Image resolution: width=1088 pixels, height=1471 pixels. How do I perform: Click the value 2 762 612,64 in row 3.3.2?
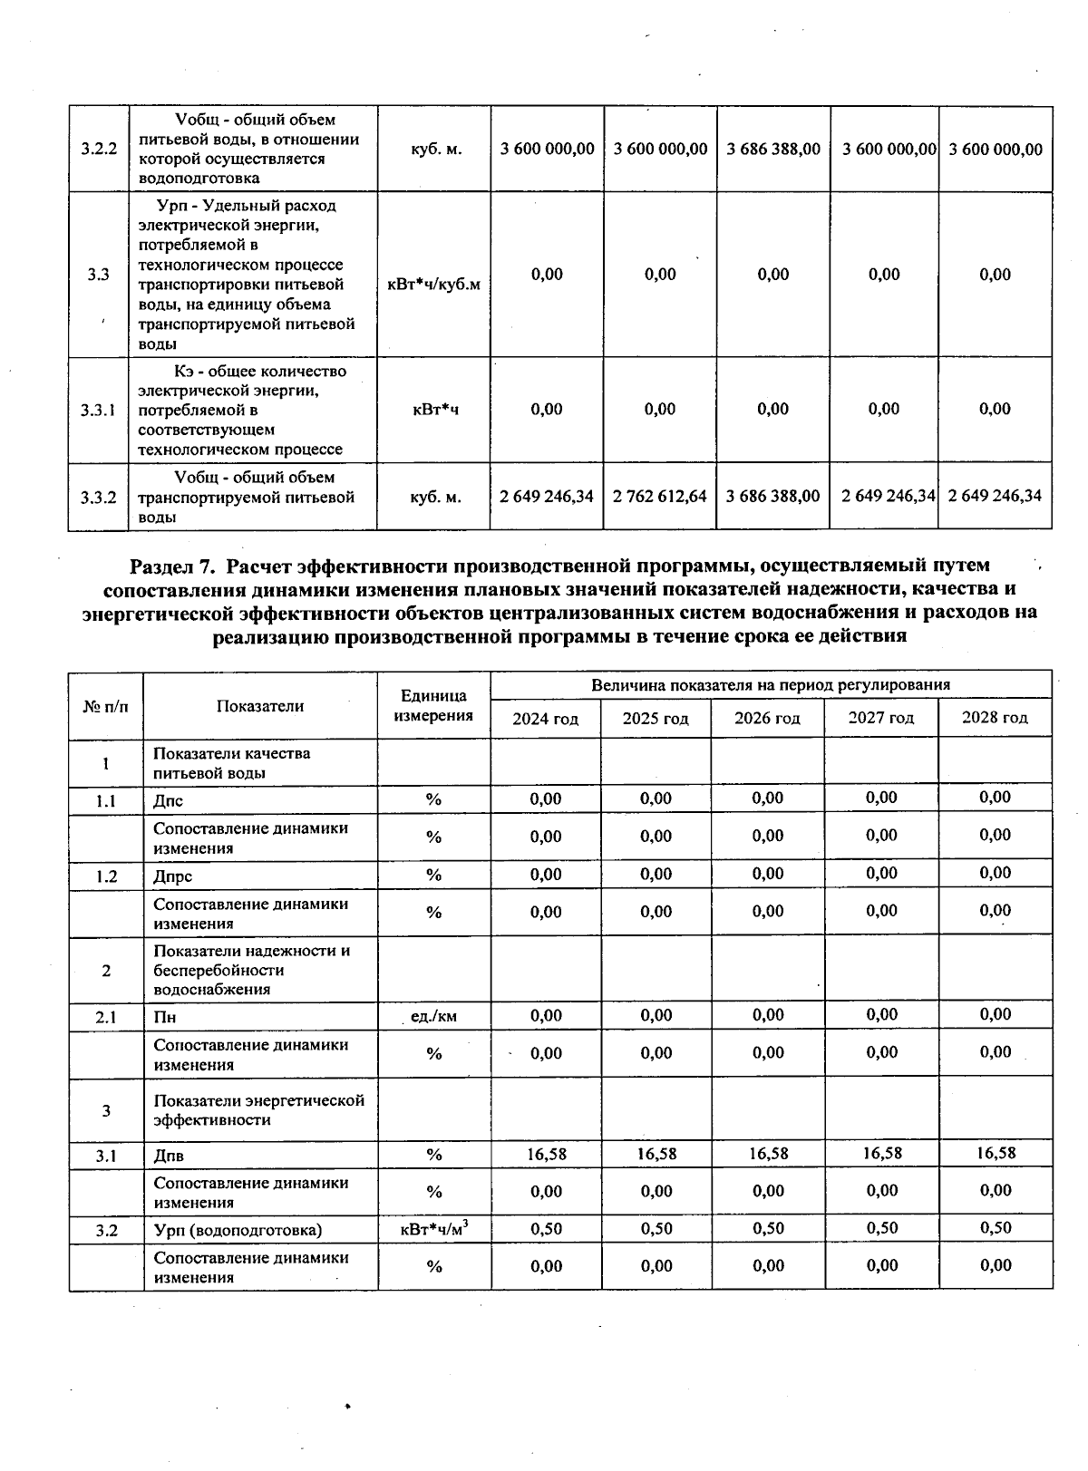(x=660, y=496)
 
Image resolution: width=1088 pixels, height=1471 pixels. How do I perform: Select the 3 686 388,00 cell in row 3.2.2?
(x=773, y=149)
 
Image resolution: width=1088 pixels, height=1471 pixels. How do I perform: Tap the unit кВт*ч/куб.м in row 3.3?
(x=433, y=284)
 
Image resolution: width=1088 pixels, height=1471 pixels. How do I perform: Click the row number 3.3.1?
(x=98, y=410)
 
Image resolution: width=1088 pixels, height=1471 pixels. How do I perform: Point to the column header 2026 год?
(x=767, y=719)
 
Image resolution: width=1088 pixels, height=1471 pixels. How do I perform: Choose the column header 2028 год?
(x=995, y=718)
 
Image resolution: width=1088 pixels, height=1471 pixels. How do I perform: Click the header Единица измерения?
(x=434, y=705)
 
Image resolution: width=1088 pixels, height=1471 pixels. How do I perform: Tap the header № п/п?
(x=105, y=705)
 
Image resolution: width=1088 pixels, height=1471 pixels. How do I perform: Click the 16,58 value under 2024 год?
(x=546, y=1154)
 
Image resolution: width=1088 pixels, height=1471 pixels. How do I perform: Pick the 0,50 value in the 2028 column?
(x=995, y=1227)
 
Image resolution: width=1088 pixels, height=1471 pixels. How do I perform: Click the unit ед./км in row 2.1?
(x=433, y=1016)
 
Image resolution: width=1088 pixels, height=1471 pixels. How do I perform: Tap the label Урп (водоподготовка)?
(x=238, y=1230)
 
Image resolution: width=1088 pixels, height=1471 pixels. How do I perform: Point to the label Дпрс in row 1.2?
(x=173, y=876)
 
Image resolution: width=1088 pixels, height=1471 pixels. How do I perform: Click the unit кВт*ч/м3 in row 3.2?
(x=433, y=1229)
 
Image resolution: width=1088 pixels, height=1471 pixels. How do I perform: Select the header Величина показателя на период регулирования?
(x=771, y=685)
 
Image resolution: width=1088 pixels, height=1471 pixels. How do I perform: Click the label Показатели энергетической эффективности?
(x=258, y=1109)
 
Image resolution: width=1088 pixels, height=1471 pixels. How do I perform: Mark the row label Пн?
(x=165, y=1017)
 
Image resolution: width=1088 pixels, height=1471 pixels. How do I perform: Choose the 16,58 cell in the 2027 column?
(x=881, y=1153)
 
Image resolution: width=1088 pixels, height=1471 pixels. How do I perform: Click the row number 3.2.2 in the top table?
(x=98, y=149)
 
